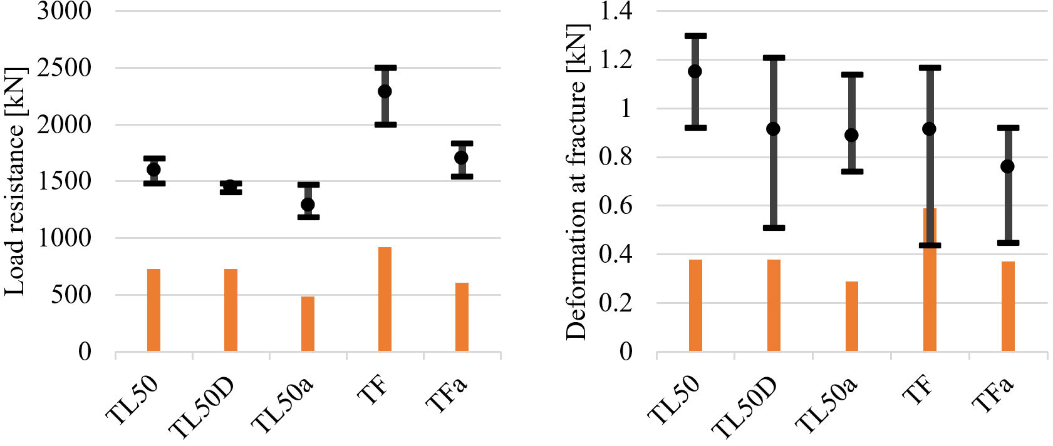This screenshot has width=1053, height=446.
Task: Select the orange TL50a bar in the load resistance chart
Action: click(x=308, y=323)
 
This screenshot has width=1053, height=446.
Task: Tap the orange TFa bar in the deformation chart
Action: click(x=1008, y=306)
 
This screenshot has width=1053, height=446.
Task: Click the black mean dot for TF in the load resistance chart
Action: click(x=385, y=91)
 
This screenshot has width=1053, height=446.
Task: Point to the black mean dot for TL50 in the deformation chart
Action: click(x=695, y=71)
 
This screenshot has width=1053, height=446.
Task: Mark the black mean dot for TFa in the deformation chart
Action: click(x=1007, y=166)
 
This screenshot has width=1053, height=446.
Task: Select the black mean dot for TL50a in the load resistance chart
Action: click(x=308, y=205)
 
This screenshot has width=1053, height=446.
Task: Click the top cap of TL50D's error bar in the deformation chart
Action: click(x=774, y=58)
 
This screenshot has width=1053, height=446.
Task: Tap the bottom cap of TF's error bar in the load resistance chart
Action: click(x=385, y=124)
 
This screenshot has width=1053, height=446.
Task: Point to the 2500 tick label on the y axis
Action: click(x=64, y=68)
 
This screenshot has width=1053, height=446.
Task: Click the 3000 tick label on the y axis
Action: click(x=64, y=11)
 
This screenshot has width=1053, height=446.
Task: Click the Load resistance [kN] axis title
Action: click(x=15, y=181)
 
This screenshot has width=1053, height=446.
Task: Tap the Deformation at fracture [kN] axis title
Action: click(x=576, y=181)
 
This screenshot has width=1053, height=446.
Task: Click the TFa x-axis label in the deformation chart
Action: click(x=992, y=395)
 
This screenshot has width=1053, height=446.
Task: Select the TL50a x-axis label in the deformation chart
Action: click(x=826, y=405)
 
